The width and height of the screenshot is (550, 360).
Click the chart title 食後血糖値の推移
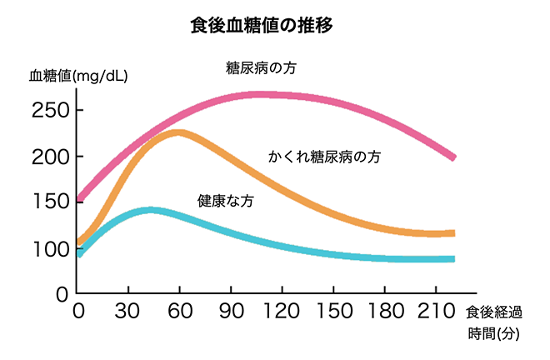click(262, 26)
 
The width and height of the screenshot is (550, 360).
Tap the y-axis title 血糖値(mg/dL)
click(79, 76)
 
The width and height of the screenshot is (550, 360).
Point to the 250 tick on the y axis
click(50, 111)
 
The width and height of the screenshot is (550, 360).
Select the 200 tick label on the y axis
click(50, 157)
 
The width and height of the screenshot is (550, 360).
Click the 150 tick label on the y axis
click(50, 202)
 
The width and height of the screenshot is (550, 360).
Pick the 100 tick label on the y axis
click(50, 248)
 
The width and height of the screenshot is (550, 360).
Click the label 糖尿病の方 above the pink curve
click(261, 68)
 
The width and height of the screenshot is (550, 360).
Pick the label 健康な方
click(225, 201)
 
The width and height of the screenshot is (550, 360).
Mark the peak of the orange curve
click(177, 132)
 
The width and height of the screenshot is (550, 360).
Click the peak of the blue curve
click(150, 210)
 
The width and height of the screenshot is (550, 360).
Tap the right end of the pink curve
click(453, 157)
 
